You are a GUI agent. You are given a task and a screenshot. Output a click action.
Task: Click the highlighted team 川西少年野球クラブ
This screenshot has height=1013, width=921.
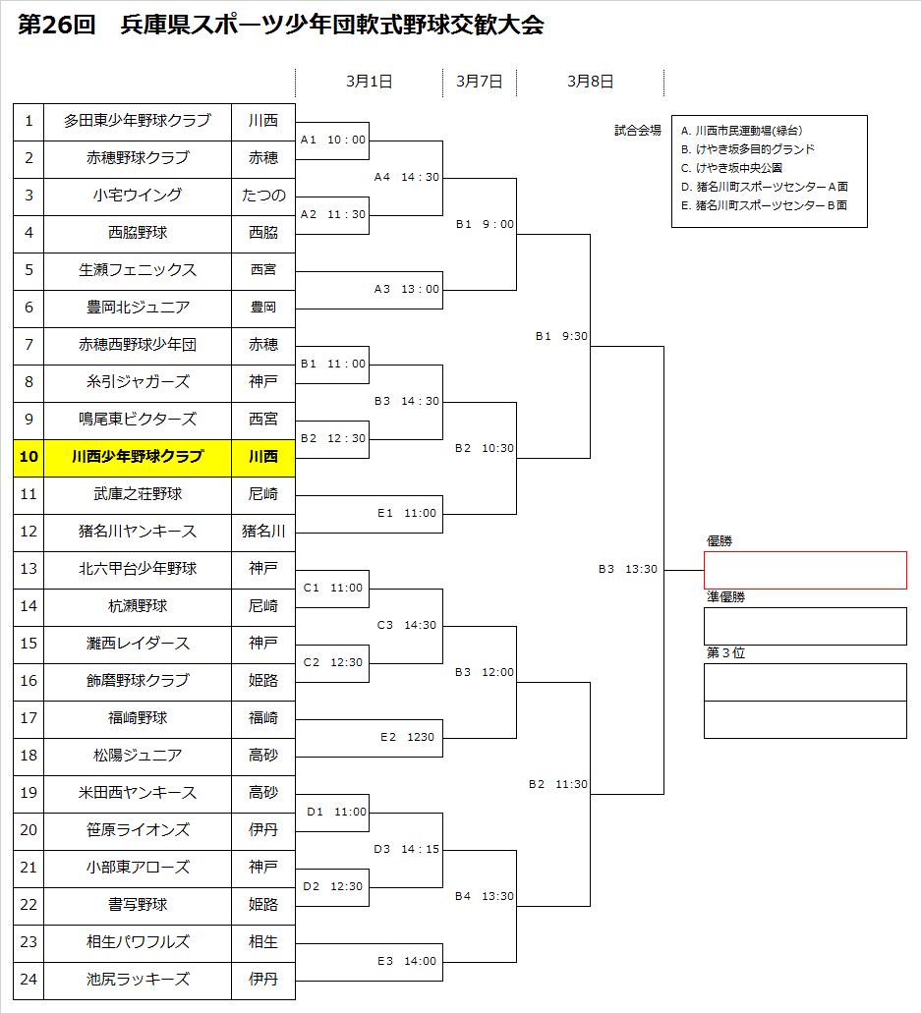click(x=138, y=457)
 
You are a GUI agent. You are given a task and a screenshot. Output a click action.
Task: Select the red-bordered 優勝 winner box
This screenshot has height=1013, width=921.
click(x=805, y=570)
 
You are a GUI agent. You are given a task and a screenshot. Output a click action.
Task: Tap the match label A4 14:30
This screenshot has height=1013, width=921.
click(x=406, y=177)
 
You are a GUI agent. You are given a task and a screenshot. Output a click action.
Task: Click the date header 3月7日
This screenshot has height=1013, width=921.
click(x=480, y=83)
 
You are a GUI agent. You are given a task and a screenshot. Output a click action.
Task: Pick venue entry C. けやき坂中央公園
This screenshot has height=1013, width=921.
click(x=731, y=168)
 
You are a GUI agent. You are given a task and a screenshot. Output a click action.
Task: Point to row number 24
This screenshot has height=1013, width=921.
click(x=29, y=980)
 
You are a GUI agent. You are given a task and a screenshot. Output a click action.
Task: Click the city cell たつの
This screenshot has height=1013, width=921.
click(x=263, y=196)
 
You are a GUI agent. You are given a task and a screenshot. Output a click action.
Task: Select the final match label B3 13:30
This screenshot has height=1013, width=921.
click(x=628, y=569)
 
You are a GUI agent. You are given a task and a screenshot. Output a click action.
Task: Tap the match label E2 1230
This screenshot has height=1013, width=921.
click(x=407, y=737)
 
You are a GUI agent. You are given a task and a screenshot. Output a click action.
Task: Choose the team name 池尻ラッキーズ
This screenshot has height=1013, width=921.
click(x=138, y=980)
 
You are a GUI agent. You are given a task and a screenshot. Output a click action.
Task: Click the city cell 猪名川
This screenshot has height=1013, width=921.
click(x=263, y=532)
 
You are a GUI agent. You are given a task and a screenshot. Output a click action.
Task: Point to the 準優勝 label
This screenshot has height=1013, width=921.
click(x=725, y=596)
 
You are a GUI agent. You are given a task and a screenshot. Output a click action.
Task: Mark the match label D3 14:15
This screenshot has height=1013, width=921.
click(x=406, y=849)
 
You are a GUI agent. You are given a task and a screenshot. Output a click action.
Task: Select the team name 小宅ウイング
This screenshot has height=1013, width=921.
click(x=138, y=196)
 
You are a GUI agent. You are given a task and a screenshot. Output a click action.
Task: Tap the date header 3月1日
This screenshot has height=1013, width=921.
click(x=369, y=83)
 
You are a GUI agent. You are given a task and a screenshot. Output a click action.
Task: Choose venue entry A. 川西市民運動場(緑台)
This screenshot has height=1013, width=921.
click(x=749, y=131)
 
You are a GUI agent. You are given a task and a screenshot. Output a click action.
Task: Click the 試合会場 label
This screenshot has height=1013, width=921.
click(x=638, y=130)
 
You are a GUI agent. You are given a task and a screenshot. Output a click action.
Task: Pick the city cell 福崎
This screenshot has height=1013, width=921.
click(x=263, y=718)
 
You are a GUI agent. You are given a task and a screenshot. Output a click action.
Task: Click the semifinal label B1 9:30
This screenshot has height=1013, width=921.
click(x=561, y=336)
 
